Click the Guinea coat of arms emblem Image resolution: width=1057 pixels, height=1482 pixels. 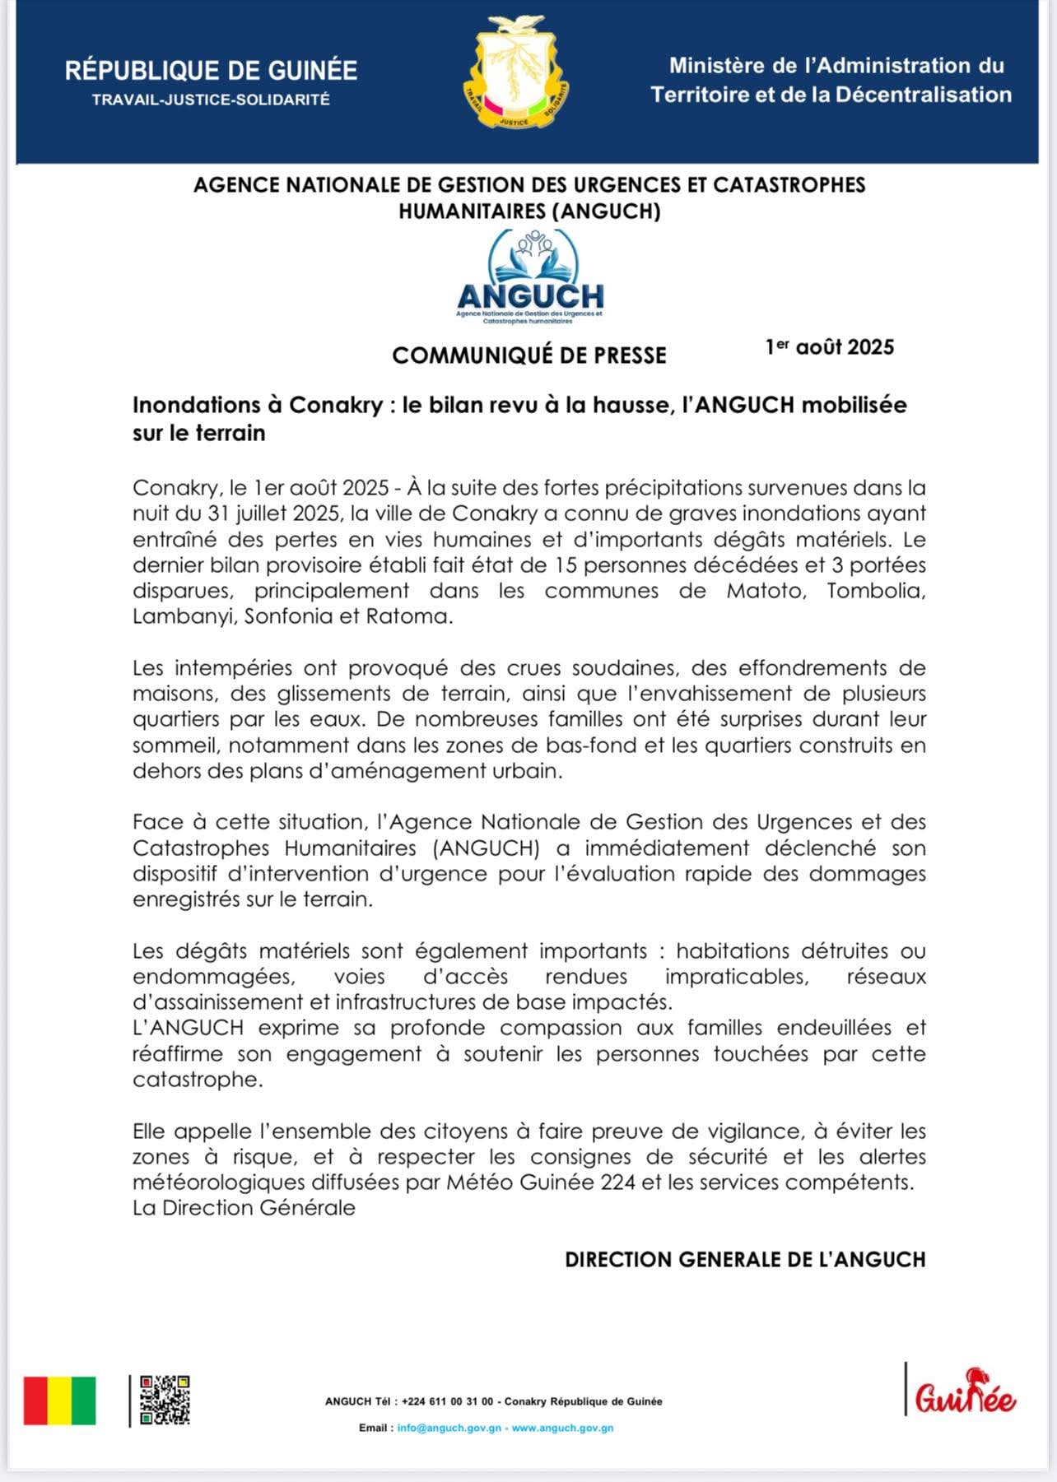(x=517, y=72)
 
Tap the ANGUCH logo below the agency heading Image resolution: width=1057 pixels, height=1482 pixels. (x=530, y=277)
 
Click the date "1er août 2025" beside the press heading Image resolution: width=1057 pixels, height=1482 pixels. (x=829, y=347)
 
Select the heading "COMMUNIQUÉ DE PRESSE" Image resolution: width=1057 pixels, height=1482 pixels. (x=529, y=355)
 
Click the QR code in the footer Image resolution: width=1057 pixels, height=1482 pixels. (x=165, y=1400)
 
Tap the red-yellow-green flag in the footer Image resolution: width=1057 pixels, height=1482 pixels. (x=59, y=1401)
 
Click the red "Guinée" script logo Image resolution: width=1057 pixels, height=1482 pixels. (x=965, y=1393)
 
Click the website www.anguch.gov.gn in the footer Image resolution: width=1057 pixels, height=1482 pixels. (x=562, y=1428)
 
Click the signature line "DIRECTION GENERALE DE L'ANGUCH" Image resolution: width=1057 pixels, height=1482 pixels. (x=745, y=1260)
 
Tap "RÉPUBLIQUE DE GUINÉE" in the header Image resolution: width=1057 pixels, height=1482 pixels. (x=211, y=71)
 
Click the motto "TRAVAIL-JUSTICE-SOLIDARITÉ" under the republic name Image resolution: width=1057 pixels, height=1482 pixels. (x=211, y=100)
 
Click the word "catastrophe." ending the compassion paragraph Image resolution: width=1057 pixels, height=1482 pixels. (x=198, y=1080)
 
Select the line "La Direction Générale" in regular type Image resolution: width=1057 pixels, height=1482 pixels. (x=244, y=1208)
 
